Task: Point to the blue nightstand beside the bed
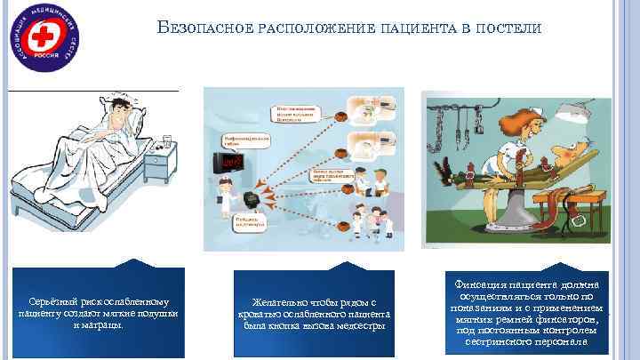(x=158, y=173)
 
